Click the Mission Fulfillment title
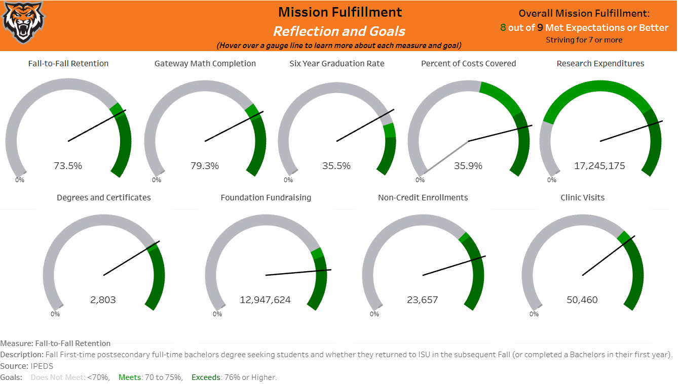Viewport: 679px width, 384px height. tap(340, 12)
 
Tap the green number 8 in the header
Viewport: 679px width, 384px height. tap(503, 28)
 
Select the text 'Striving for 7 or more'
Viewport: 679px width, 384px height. tap(584, 40)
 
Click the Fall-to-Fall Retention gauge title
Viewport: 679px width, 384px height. tap(68, 64)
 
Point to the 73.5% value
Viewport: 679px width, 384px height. tap(68, 165)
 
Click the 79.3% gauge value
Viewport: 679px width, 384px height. tap(205, 165)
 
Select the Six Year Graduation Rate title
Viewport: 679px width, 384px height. tap(336, 64)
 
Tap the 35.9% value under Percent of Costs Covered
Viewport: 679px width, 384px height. tap(468, 165)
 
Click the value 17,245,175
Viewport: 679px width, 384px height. tap(599, 165)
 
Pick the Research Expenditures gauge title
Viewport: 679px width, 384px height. tap(600, 64)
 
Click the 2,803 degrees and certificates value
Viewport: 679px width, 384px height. tap(103, 300)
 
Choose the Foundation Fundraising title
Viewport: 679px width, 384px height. tap(266, 198)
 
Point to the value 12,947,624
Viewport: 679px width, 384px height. tap(265, 300)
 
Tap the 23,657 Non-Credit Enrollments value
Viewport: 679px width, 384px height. tap(423, 300)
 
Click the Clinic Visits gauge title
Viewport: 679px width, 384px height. tap(582, 198)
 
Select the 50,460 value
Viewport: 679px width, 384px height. tap(582, 300)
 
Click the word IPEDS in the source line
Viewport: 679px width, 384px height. tap(42, 366)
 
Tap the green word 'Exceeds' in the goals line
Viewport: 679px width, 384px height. tap(206, 377)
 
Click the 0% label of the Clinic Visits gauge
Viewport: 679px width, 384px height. tap(534, 314)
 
